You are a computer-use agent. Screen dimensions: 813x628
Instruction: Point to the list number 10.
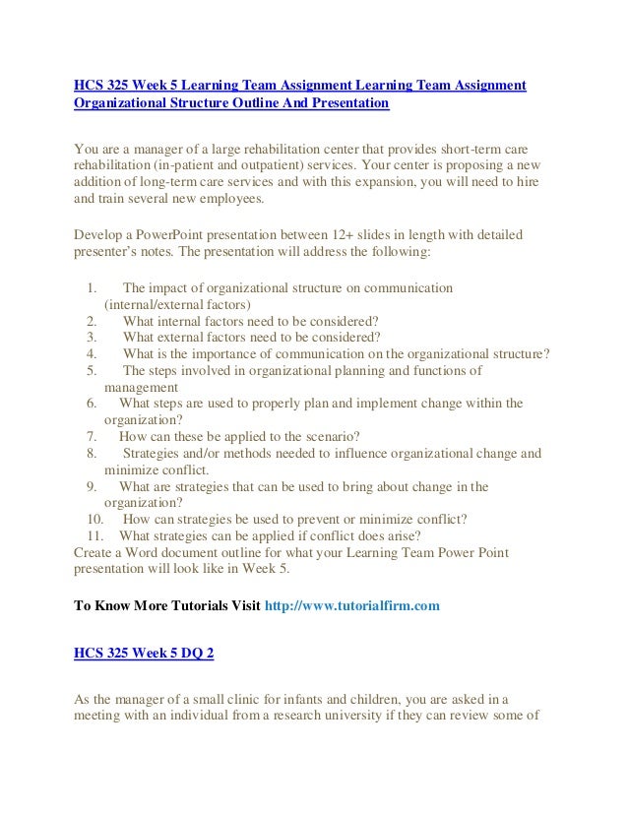94,519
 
